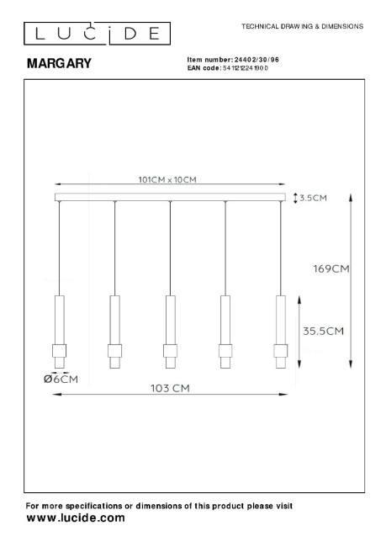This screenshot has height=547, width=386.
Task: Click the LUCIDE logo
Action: click(97, 34)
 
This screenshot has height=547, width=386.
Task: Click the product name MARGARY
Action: click(59, 63)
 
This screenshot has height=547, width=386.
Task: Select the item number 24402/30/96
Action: click(256, 60)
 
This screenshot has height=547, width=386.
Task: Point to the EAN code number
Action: click(246, 68)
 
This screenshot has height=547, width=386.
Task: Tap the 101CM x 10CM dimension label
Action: click(167, 179)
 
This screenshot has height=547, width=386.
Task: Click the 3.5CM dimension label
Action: click(313, 198)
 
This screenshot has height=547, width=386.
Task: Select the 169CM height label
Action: click(330, 268)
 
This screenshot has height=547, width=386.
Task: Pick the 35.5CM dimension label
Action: click(323, 331)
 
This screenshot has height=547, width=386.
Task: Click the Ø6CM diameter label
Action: click(61, 380)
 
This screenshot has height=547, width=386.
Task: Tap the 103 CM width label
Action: click(170, 388)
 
